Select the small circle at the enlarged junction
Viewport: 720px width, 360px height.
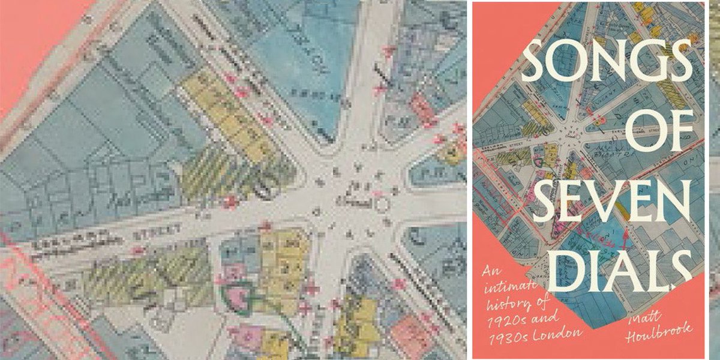(x=382, y=205)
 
